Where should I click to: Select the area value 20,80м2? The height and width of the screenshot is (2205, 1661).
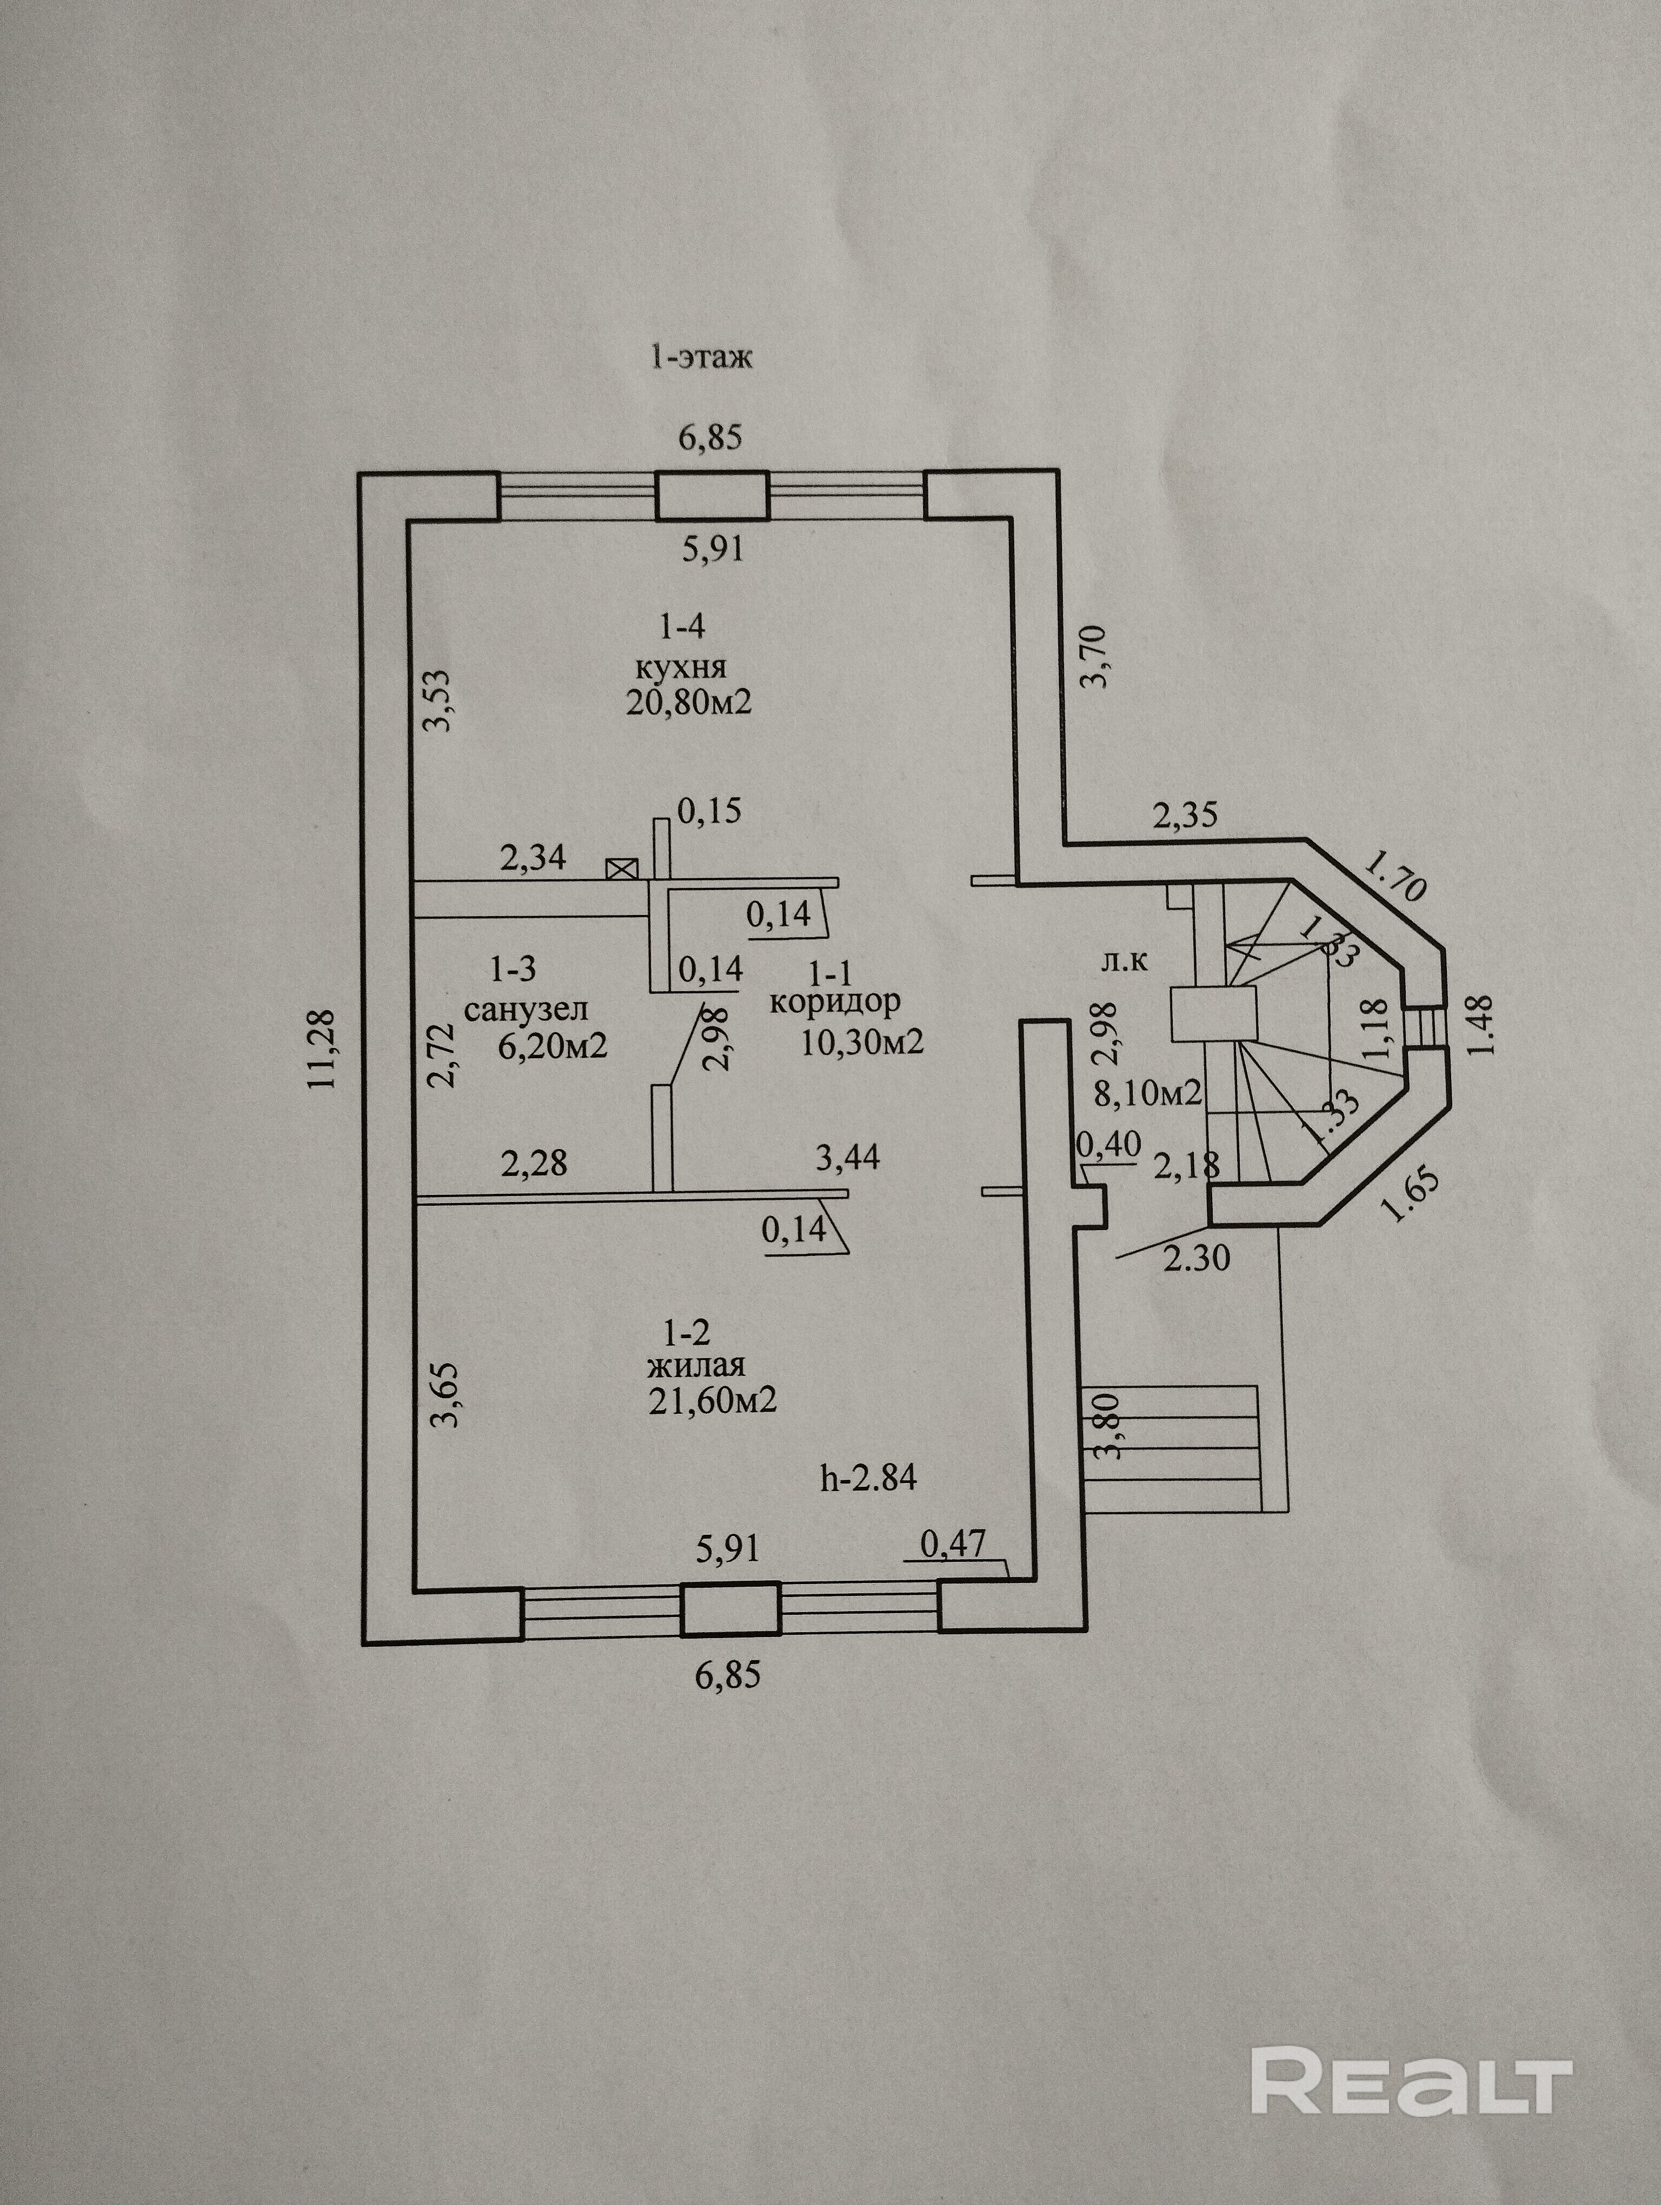click(x=688, y=702)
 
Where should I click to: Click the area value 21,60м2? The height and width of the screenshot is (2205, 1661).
click(x=712, y=1401)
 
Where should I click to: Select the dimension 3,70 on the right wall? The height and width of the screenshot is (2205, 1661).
click(x=1095, y=655)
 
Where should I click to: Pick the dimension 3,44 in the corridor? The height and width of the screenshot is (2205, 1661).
click(x=847, y=1157)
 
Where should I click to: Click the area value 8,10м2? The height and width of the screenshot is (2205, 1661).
click(x=1147, y=1093)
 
